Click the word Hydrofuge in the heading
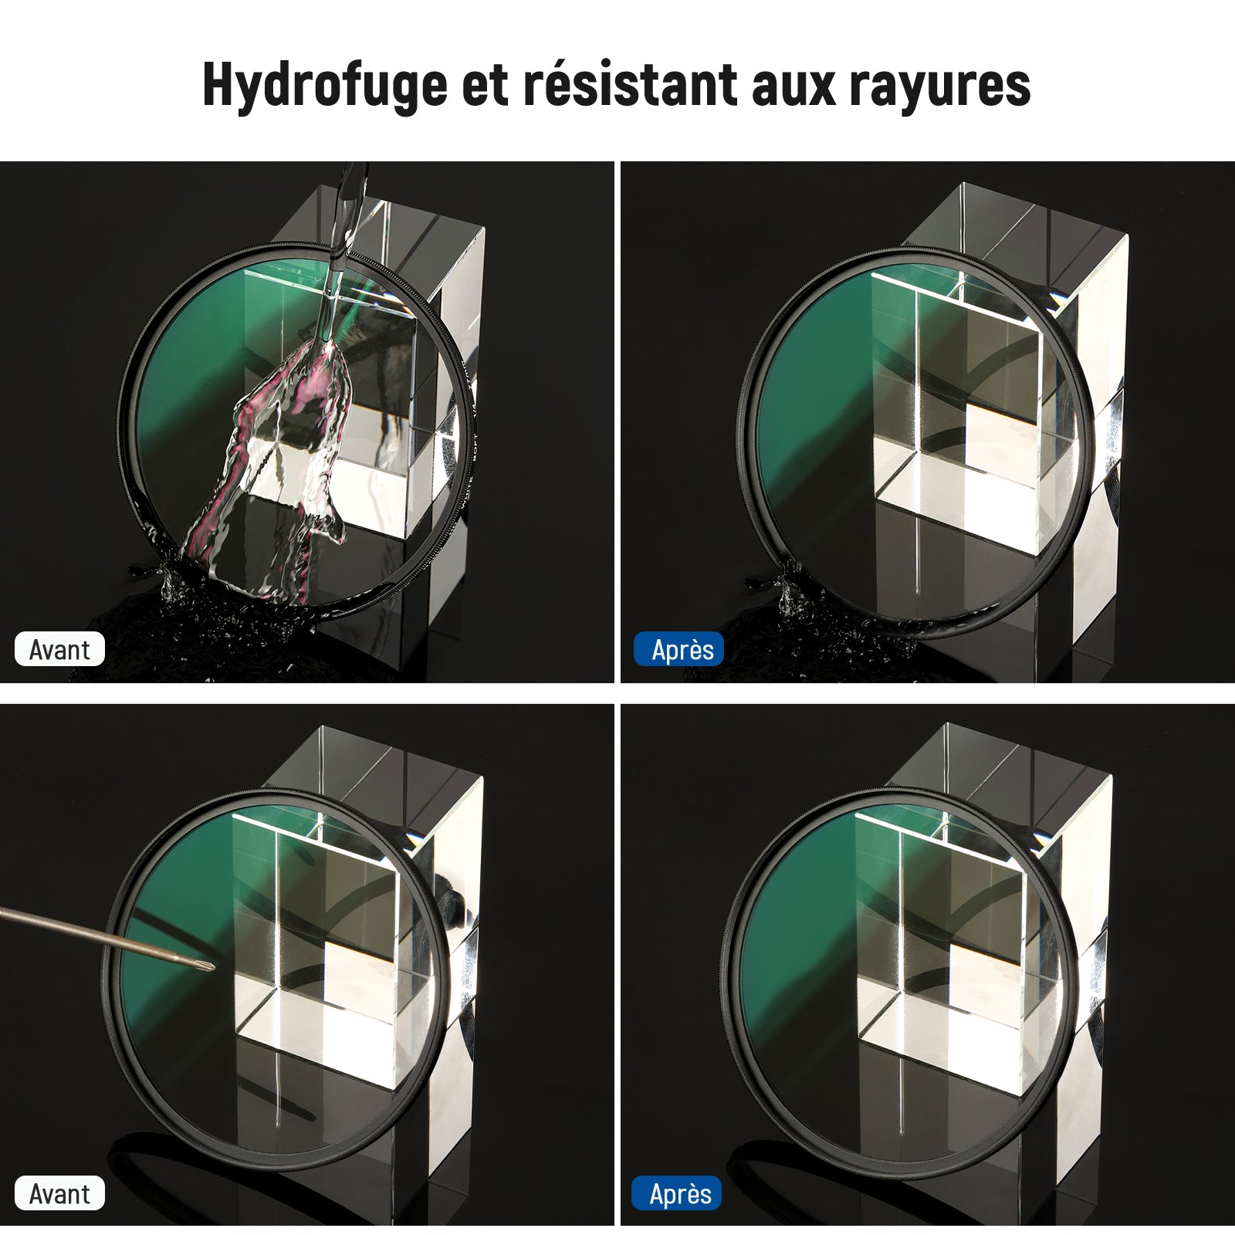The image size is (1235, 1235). (325, 85)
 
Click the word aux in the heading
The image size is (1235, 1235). (794, 86)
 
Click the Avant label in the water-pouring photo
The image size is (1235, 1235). (59, 649)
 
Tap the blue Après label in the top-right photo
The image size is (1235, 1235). (678, 649)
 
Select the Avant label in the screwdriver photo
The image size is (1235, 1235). (59, 1193)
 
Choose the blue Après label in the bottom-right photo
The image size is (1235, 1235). (677, 1193)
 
